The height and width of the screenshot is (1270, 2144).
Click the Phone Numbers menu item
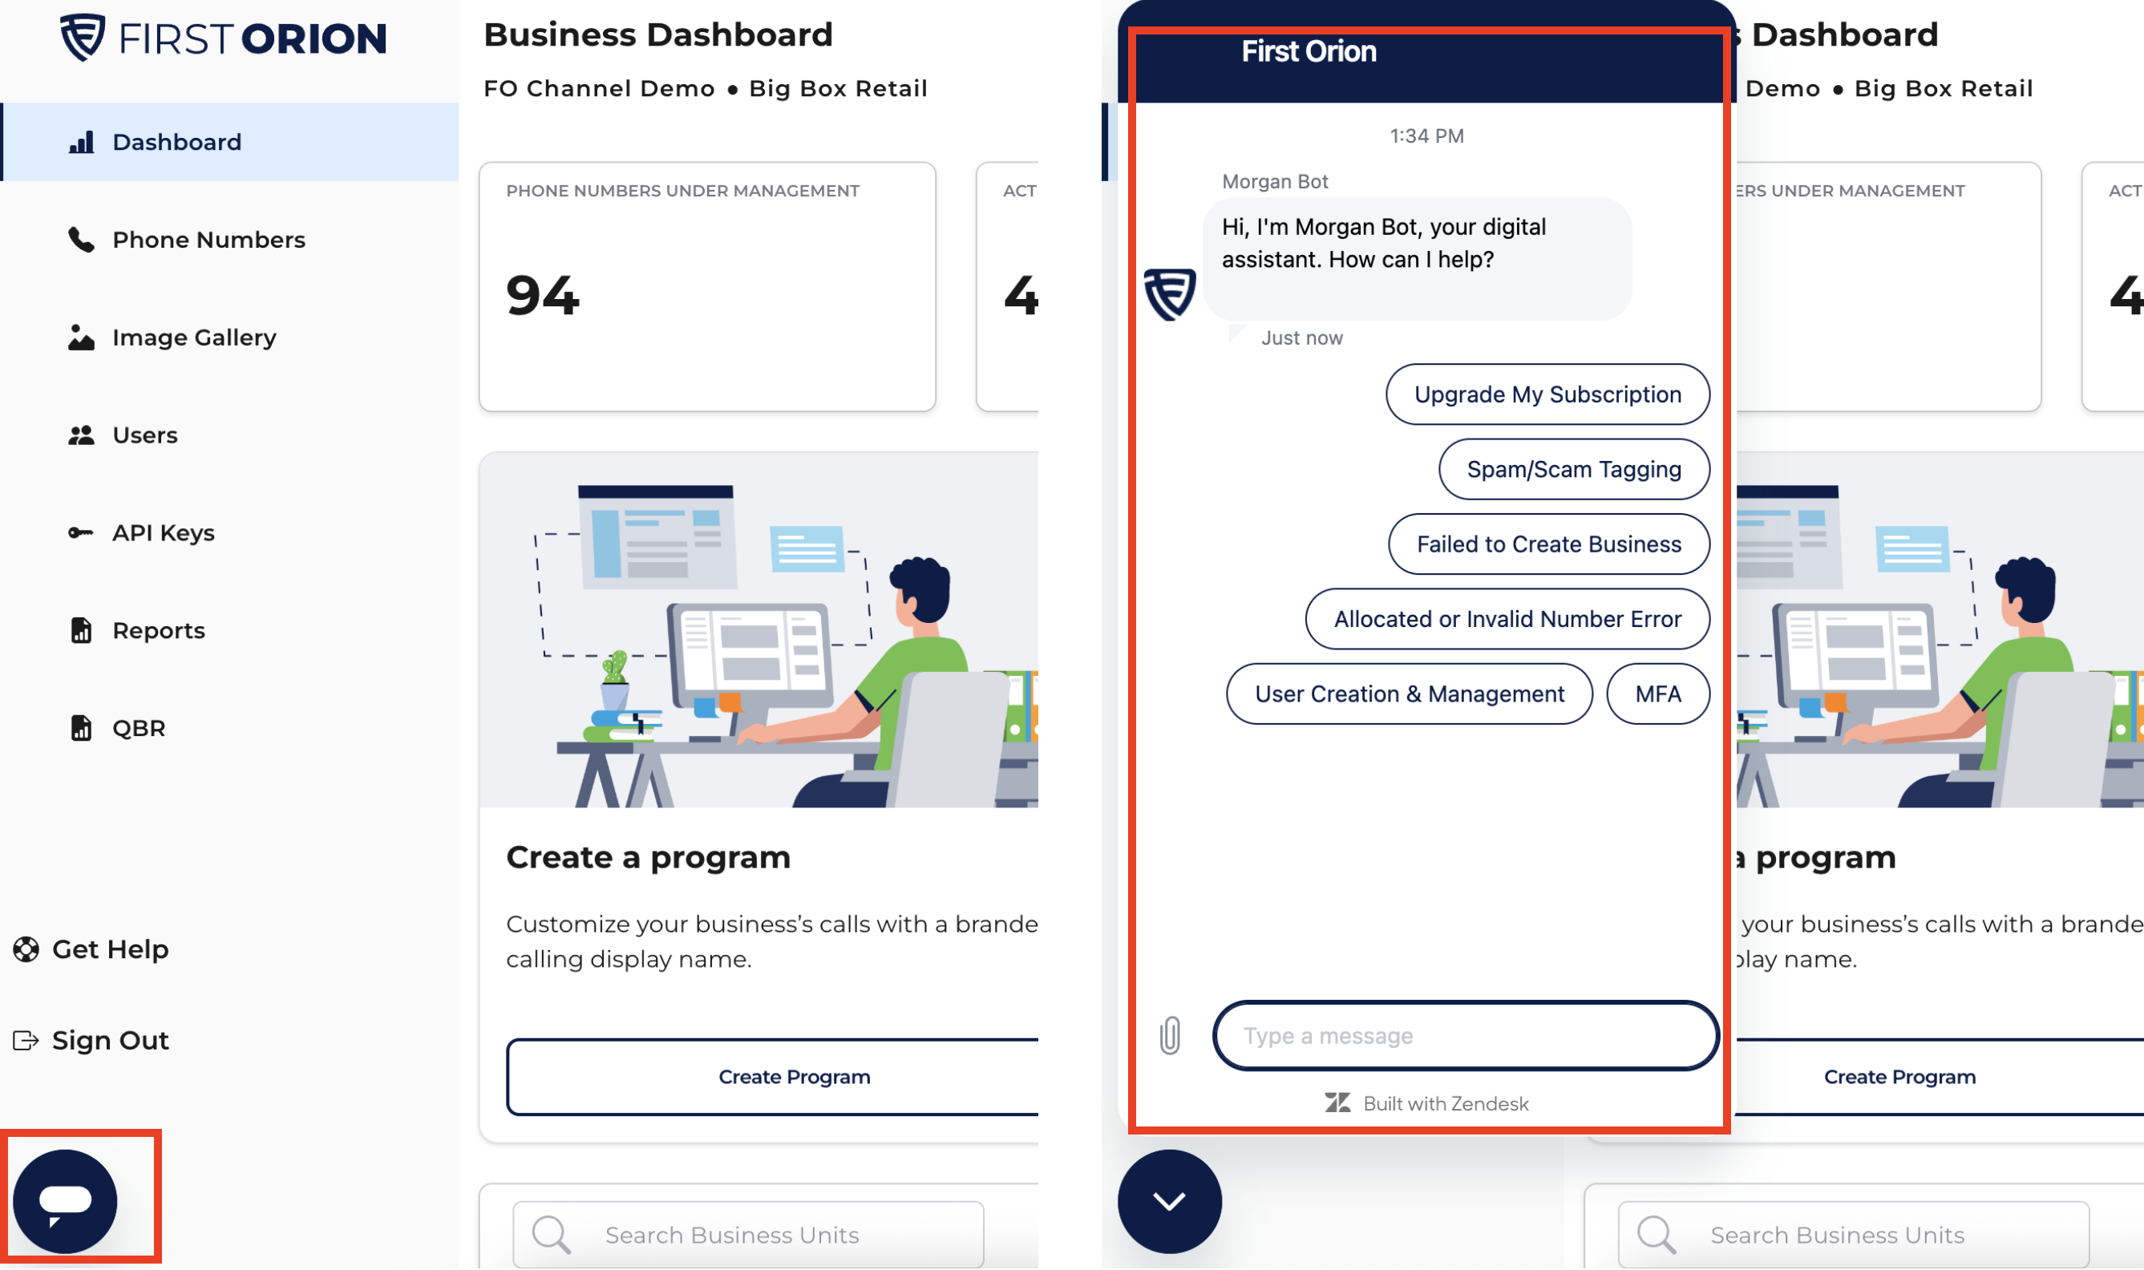186,240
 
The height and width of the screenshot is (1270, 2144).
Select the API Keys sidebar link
141,532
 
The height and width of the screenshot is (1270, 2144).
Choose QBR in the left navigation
116,727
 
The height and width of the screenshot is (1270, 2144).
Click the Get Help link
91,949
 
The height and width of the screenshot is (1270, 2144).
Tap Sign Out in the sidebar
91,1040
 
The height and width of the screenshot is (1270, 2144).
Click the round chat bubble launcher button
65,1201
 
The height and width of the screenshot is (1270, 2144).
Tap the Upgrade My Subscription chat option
1547,394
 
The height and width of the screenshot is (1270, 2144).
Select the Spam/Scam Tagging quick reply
1574,469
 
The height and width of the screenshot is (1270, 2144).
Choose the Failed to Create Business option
1548,544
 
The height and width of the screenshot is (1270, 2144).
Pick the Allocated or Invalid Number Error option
1507,619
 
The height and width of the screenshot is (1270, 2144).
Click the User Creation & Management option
1409,694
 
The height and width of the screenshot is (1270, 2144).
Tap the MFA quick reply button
1658,694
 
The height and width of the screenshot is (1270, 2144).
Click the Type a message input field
1466,1036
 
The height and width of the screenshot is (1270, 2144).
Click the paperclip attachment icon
1170,1036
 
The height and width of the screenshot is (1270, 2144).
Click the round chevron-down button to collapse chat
1170,1202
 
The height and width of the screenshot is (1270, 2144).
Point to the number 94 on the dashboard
543,295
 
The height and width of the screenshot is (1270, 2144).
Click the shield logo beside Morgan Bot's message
1170,294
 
